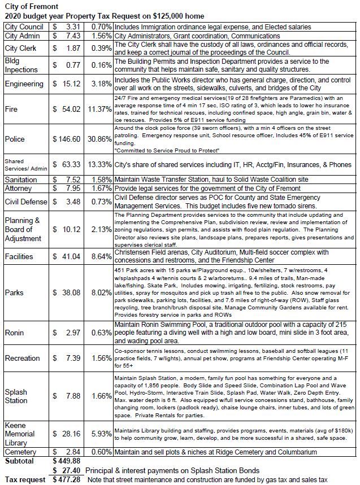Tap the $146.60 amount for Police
pos(69,138)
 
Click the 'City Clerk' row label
pos(21,49)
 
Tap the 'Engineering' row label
pos(24,84)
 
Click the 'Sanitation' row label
pos(22,178)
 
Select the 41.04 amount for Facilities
pos(71,255)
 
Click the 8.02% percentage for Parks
pos(101,293)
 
